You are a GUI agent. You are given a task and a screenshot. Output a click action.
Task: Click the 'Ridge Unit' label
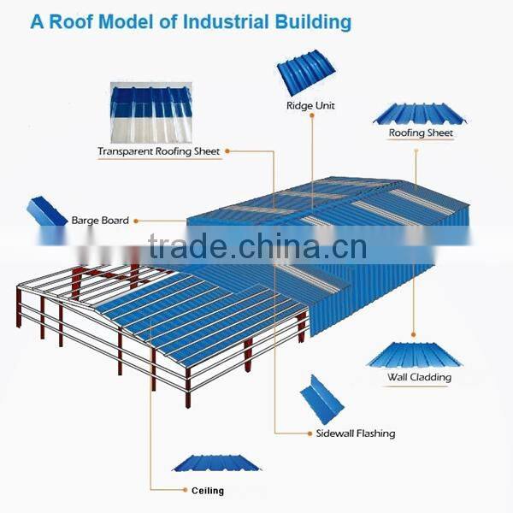(x=310, y=106)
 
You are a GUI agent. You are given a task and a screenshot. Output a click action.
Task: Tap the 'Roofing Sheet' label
(x=421, y=133)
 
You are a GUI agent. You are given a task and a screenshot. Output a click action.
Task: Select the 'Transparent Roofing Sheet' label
(x=158, y=151)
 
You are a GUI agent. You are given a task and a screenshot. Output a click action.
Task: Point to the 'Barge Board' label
(x=100, y=221)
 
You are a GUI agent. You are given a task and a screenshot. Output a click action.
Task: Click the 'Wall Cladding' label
(x=419, y=377)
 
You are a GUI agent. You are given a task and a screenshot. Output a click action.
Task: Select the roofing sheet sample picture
(x=419, y=114)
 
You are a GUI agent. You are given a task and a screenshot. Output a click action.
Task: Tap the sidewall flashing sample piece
(x=321, y=398)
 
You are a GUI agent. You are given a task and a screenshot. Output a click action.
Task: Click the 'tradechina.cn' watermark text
(x=256, y=247)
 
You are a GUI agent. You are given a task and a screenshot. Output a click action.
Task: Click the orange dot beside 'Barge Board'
(x=138, y=221)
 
